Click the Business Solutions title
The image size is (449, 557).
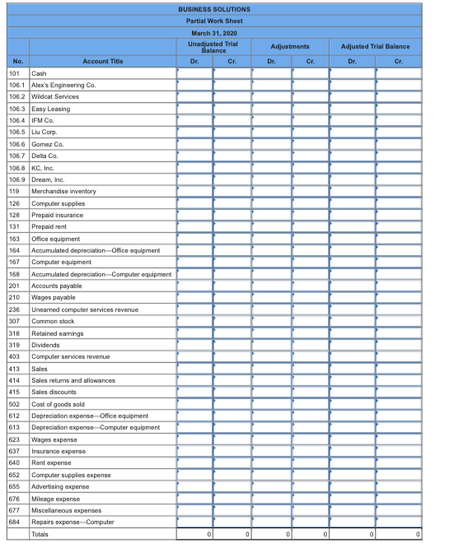[213, 9]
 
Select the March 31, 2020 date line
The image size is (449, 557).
[213, 32]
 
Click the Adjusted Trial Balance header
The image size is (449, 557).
[377, 46]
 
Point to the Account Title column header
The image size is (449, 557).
[103, 61]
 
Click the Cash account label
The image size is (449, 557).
[39, 72]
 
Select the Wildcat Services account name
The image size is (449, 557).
[55, 96]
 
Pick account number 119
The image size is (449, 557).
[14, 191]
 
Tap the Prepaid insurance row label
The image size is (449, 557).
[58, 215]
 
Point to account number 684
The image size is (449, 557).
[14, 522]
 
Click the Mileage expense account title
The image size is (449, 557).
[55, 499]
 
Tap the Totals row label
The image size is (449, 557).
[40, 535]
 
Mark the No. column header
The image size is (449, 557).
[17, 61]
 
